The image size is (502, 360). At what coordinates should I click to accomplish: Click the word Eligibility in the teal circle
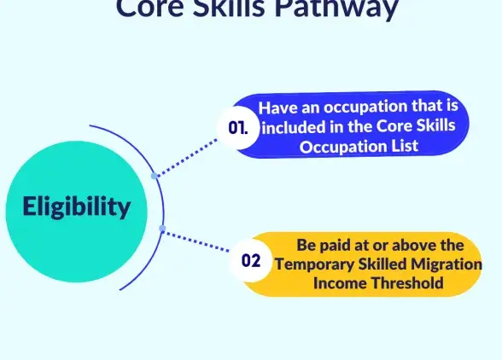77,206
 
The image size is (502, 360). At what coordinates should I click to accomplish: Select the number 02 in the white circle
251,261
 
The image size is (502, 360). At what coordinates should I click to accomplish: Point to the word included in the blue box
291,128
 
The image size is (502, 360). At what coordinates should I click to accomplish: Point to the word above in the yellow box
409,246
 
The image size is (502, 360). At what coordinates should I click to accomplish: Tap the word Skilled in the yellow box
379,264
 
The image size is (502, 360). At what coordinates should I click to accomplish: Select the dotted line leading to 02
196,239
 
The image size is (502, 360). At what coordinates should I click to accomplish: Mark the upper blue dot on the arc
154,176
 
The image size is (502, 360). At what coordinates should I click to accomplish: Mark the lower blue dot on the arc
162,228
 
